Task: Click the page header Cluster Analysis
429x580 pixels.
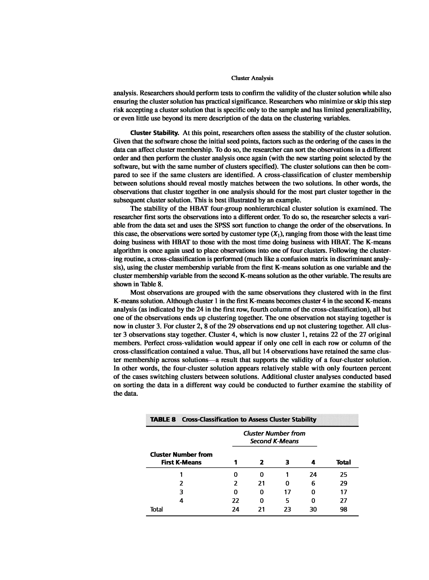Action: [x=252, y=78]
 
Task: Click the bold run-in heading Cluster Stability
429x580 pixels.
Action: [x=154, y=133]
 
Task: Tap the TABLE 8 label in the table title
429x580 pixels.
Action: [x=163, y=420]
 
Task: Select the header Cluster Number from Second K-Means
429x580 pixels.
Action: [x=274, y=437]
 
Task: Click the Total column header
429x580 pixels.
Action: [x=343, y=462]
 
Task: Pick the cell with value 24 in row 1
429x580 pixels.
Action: [x=313, y=475]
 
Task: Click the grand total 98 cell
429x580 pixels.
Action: [x=343, y=509]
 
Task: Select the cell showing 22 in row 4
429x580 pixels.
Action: [x=235, y=501]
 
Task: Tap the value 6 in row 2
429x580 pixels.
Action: [x=313, y=483]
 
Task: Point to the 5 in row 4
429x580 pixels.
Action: [x=287, y=501]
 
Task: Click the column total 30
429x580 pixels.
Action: [x=313, y=509]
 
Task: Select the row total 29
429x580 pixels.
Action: [x=343, y=483]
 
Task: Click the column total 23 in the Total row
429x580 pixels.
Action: [x=287, y=509]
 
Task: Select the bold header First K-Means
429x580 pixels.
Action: [x=181, y=462]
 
